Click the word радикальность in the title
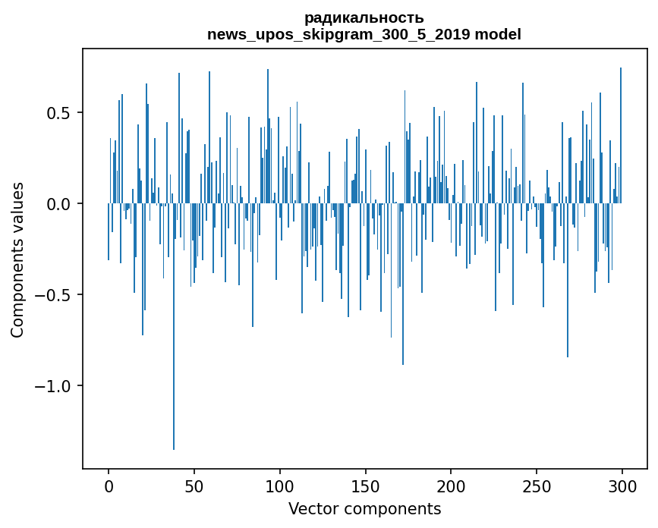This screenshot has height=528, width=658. [364, 17]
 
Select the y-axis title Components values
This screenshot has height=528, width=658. [17, 259]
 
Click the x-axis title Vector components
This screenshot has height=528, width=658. [364, 509]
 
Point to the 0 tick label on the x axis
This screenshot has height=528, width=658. [109, 486]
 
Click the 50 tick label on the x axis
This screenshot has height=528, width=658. [194, 486]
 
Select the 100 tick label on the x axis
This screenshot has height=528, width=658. [280, 486]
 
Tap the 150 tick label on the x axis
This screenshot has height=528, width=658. [366, 486]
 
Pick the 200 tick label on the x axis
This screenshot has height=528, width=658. [452, 486]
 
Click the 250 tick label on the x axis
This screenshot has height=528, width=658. [537, 486]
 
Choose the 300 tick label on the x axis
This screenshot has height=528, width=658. [623, 486]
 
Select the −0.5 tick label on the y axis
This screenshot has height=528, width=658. [55, 295]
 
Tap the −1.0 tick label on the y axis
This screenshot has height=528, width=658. [55, 386]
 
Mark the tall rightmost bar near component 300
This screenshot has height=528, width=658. [621, 137]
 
